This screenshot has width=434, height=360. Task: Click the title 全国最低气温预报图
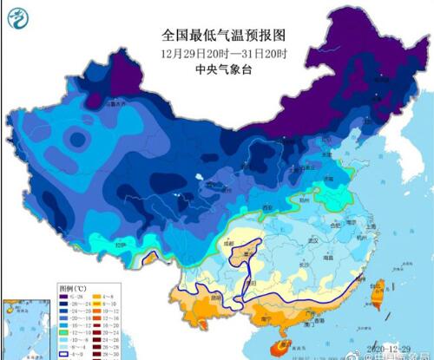pyautogui.click(x=223, y=36)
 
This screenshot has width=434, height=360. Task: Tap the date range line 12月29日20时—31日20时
pyautogui.click(x=223, y=53)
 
